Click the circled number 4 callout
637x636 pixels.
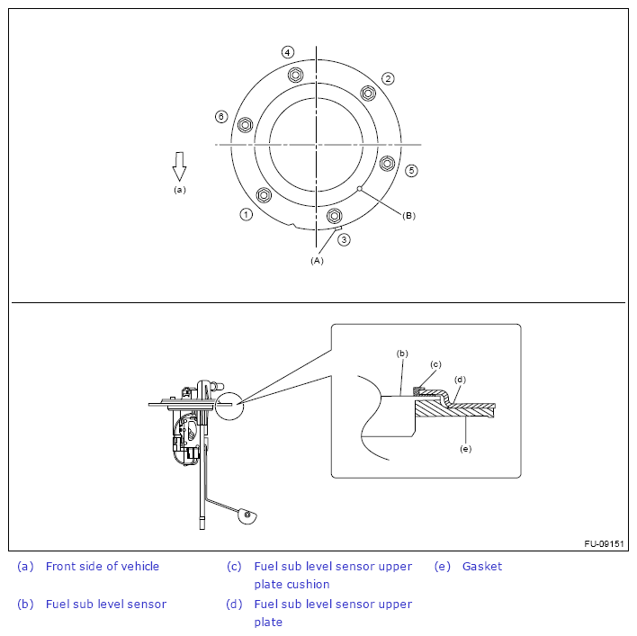287,52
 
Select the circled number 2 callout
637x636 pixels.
388,78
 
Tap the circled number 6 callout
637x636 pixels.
221,117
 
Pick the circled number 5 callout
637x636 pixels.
411,170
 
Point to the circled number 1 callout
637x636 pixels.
246,214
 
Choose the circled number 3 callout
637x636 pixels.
344,239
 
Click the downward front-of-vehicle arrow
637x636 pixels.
179,166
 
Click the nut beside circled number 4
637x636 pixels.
296,75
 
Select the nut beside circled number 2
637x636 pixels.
367,93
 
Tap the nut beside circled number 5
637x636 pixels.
387,163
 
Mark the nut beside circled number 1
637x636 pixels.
264,194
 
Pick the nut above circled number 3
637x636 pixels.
335,215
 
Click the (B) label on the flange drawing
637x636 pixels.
408,216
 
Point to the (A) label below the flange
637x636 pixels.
316,260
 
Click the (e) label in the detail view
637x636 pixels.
465,448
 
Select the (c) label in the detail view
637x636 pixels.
435,364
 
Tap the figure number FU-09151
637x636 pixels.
605,543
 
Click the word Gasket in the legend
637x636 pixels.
482,567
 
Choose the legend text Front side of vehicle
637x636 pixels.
103,567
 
